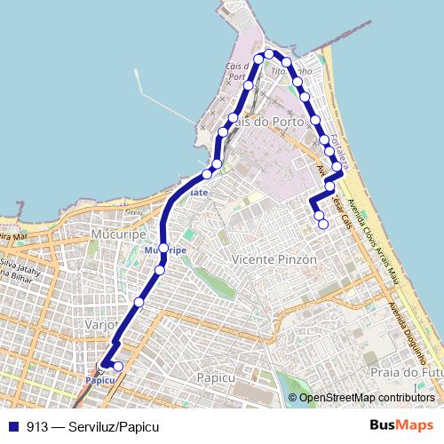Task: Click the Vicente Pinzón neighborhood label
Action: coord(274,259)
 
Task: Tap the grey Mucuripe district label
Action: coord(112,233)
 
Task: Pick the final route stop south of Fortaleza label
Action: coord(322,225)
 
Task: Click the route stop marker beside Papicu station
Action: coord(118,365)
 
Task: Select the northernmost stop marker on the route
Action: coord(268,54)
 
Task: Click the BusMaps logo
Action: coord(400,426)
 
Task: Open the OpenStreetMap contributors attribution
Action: coord(367,398)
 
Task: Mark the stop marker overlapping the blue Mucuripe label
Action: coord(164,248)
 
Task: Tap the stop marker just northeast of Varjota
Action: coord(139,303)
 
